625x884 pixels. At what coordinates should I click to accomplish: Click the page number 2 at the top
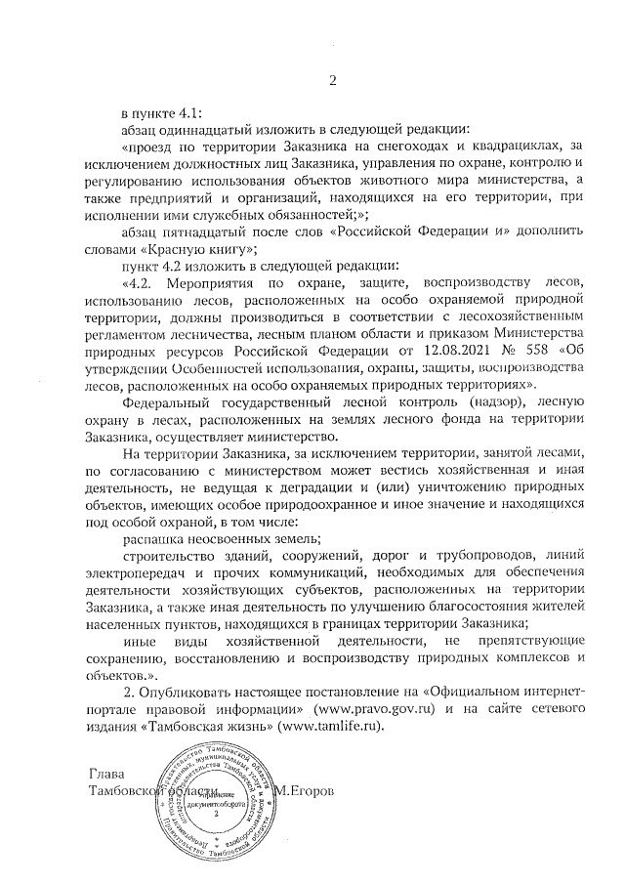click(332, 81)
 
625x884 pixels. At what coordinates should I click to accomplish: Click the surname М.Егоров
click(307, 789)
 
